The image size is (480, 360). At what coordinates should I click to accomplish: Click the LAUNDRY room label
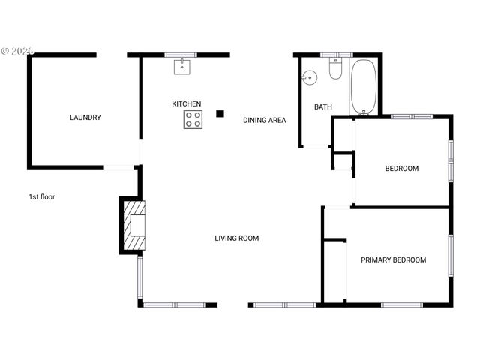click(85, 118)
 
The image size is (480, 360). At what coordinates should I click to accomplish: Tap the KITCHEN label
click(187, 103)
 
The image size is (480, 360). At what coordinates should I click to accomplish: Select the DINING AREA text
click(264, 120)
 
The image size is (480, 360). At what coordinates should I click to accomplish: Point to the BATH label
click(322, 107)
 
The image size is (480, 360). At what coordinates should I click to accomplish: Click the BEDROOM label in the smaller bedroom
click(401, 169)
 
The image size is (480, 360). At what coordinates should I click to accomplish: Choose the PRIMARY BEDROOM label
click(393, 260)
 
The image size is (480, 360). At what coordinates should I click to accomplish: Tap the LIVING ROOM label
click(236, 238)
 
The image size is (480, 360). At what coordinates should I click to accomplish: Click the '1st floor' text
click(42, 197)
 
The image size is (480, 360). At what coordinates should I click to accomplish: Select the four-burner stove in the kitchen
click(193, 119)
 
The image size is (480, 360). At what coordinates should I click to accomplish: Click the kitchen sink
click(181, 67)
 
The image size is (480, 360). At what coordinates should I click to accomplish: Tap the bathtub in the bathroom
click(364, 86)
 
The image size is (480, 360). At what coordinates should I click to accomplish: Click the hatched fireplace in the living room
click(134, 225)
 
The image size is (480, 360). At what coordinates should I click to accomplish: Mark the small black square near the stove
click(220, 114)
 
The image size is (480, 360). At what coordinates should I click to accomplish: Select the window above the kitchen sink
click(181, 55)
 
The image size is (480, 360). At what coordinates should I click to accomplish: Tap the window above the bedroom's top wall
click(412, 116)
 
